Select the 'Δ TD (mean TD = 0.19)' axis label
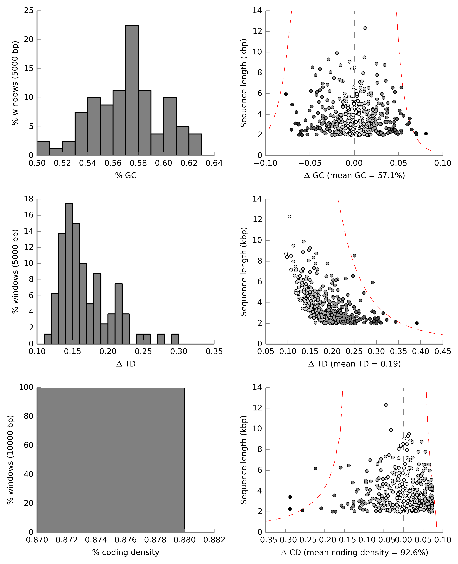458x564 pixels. pyautogui.click(x=354, y=364)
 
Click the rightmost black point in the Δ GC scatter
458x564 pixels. pyautogui.click(x=426, y=134)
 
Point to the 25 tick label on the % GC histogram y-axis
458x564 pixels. pyautogui.click(x=29, y=11)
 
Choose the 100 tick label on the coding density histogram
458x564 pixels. pyautogui.click(x=26, y=387)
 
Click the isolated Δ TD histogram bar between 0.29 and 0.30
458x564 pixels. pyautogui.click(x=175, y=339)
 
